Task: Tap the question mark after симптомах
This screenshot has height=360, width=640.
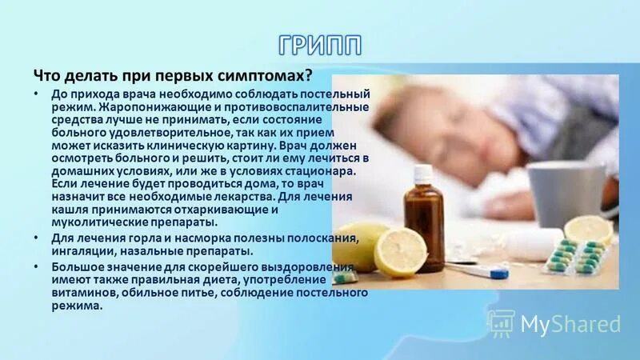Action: (x=308, y=75)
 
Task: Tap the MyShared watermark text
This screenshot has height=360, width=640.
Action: (x=570, y=323)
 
